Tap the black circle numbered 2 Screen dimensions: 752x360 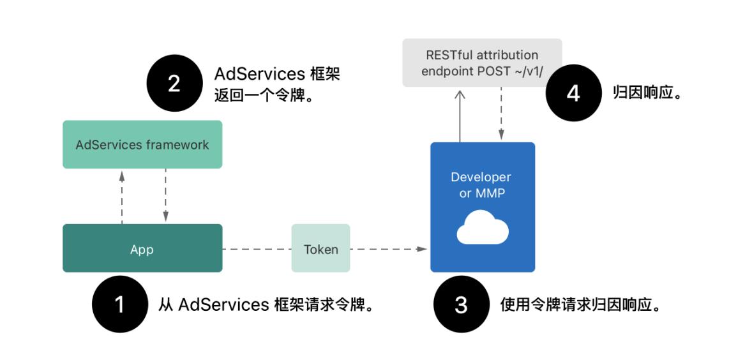pyautogui.click(x=174, y=84)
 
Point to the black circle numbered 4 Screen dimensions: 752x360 pyautogui.click(x=573, y=94)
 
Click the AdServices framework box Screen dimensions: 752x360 pyautogui.click(x=142, y=144)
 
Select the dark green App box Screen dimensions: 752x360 pyautogui.click(x=142, y=248)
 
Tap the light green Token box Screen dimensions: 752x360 pyautogui.click(x=321, y=248)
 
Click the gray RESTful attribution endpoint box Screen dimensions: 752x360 pyautogui.click(x=482, y=63)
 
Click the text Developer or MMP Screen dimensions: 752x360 pyautogui.click(x=481, y=186)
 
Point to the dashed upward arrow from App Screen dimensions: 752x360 pyautogui.click(x=122, y=197)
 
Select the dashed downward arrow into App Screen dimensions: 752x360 pyautogui.click(x=165, y=195)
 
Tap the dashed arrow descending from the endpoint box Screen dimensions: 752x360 pyautogui.click(x=501, y=114)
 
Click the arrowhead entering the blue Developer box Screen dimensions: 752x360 pyautogui.click(x=422, y=249)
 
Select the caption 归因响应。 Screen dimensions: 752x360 pyautogui.click(x=647, y=93)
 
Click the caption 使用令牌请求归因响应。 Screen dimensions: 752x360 pyautogui.click(x=582, y=304)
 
